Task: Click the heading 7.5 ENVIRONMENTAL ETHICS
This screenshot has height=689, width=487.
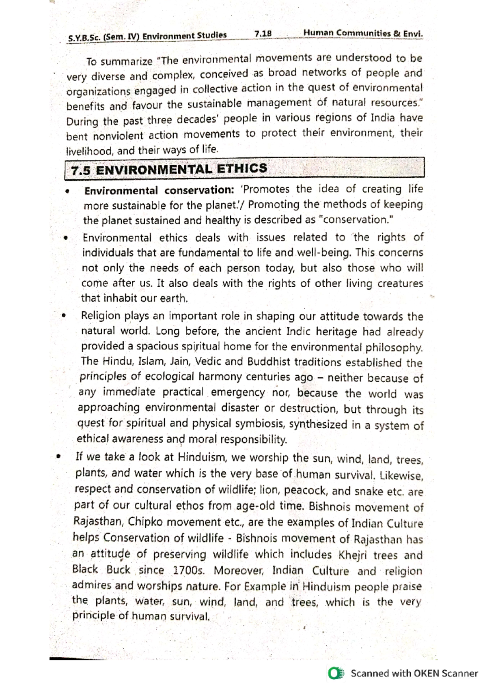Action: (x=169, y=169)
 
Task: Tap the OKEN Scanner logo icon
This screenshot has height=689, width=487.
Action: (x=336, y=673)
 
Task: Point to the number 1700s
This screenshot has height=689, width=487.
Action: (x=188, y=571)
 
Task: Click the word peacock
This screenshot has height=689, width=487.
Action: (x=306, y=491)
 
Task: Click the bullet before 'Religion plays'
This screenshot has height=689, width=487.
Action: (x=64, y=316)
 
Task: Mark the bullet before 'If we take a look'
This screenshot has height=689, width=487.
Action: (x=59, y=457)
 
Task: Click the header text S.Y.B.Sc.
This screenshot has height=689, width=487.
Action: (x=84, y=38)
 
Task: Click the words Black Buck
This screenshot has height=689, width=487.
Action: (x=101, y=570)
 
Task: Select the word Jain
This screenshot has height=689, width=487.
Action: (x=180, y=361)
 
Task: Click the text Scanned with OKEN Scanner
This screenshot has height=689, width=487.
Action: (x=414, y=673)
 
